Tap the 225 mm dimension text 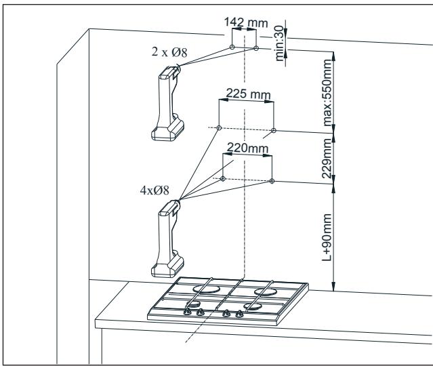(246, 94)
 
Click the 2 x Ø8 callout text (159, 52)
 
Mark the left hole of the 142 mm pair (232, 47)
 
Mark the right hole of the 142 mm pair (256, 48)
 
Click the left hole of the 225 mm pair (218, 127)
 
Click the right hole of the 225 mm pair (273, 130)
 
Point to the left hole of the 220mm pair (222, 179)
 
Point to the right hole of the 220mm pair (272, 181)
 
